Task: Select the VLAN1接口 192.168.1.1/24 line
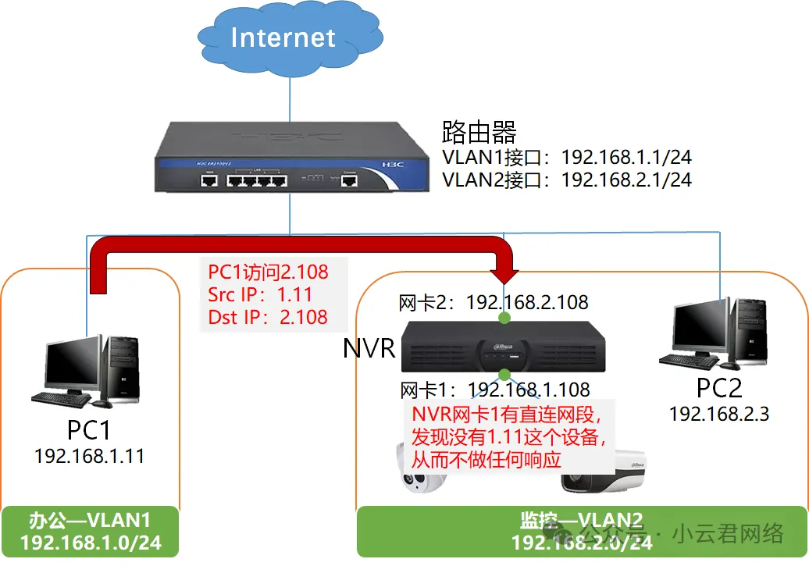coord(566,156)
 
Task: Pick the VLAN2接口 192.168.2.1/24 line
coord(566,180)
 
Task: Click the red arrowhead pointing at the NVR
coord(504,274)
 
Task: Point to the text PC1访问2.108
coord(268,272)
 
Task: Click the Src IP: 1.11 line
coord(259,294)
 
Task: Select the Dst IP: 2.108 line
coord(267,317)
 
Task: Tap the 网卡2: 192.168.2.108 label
coord(493,302)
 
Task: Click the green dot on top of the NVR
coord(504,318)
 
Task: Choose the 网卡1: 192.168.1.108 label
coord(494,389)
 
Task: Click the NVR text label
coord(369,348)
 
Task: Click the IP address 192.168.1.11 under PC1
coord(89,456)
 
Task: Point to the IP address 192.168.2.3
coord(718,414)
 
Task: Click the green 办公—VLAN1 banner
coord(90,532)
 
